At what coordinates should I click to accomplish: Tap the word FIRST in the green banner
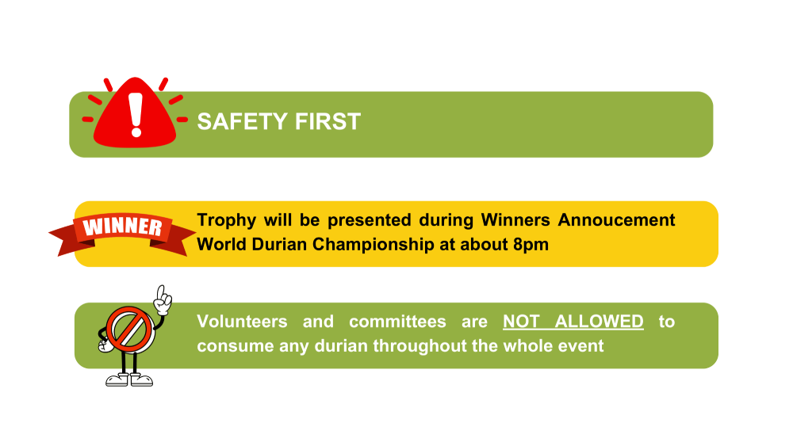tap(328, 122)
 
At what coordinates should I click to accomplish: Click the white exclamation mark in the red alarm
tap(136, 115)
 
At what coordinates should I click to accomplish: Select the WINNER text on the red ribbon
tap(123, 227)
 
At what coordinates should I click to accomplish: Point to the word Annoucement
tap(616, 219)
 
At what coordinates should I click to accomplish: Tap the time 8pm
tap(531, 245)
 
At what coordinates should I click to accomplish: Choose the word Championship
tap(374, 245)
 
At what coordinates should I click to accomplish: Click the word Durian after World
tap(279, 245)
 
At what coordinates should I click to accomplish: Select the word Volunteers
tap(242, 322)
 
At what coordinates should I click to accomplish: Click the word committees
tap(397, 322)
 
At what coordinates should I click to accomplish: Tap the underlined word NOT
tap(521, 322)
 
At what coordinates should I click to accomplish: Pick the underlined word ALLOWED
tap(600, 322)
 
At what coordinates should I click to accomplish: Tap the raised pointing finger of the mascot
tap(161, 292)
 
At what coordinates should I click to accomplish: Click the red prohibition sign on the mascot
tap(129, 330)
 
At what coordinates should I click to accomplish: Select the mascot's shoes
tap(129, 379)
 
